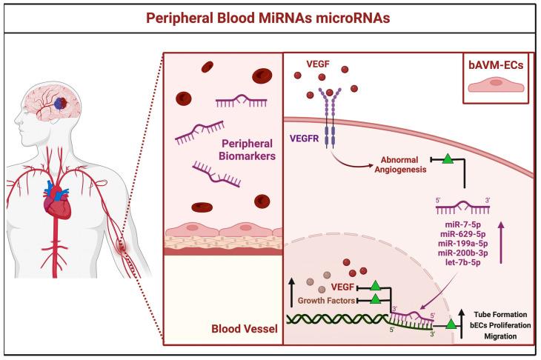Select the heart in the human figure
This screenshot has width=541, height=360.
click(56, 196)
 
